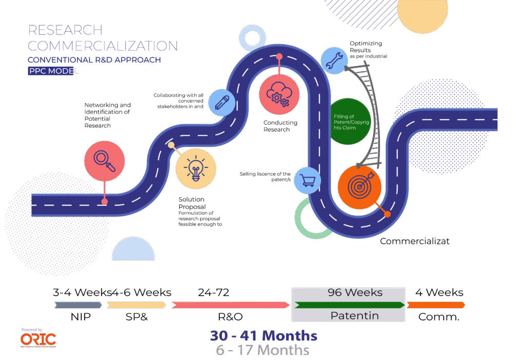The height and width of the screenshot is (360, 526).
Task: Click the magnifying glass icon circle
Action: click(105, 160)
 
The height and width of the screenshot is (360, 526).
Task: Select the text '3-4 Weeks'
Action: click(82, 293)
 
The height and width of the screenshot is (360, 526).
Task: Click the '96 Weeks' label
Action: click(355, 293)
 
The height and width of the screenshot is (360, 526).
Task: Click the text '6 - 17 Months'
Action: click(262, 350)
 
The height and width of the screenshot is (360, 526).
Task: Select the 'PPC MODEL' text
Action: click(53, 71)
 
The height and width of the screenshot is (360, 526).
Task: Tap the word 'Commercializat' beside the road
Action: click(415, 241)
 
